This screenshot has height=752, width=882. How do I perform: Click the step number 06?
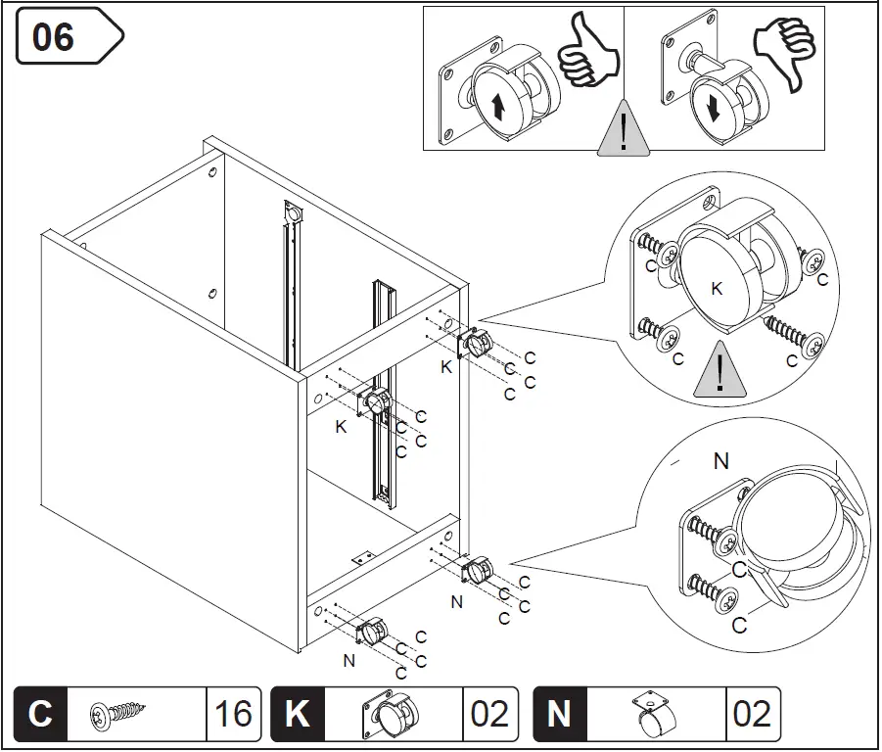(x=54, y=37)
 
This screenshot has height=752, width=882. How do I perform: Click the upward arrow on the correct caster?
(x=497, y=106)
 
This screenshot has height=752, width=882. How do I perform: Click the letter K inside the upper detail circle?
(x=717, y=288)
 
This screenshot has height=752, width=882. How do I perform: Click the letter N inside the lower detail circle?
(x=721, y=460)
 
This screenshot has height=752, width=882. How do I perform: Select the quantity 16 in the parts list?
(x=233, y=713)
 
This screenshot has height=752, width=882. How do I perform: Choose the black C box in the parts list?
(x=40, y=713)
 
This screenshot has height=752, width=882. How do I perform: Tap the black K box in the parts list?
(x=298, y=713)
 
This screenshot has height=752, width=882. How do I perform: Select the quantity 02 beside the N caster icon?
(x=751, y=713)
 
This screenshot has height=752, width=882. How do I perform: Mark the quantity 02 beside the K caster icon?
(x=489, y=713)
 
